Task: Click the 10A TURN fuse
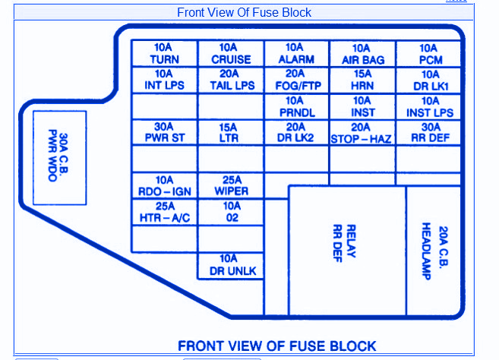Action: click(x=165, y=54)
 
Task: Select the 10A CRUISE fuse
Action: click(x=231, y=54)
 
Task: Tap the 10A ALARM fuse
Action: click(x=296, y=54)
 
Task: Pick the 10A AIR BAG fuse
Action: click(x=362, y=54)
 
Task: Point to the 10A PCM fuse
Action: click(x=429, y=54)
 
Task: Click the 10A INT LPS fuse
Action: click(x=165, y=81)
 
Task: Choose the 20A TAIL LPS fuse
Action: click(x=231, y=81)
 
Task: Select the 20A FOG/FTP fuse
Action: click(x=296, y=81)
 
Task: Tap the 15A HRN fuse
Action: click(x=362, y=81)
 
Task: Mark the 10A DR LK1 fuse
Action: click(x=429, y=81)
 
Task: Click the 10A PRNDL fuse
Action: click(x=296, y=107)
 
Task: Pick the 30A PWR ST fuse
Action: click(x=165, y=133)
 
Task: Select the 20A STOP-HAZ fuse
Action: click(x=362, y=133)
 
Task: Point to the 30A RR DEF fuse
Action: click(x=429, y=133)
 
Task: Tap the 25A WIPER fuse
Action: click(x=231, y=186)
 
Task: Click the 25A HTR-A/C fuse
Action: click(x=165, y=212)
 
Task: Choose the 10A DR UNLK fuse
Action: click(x=231, y=265)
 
